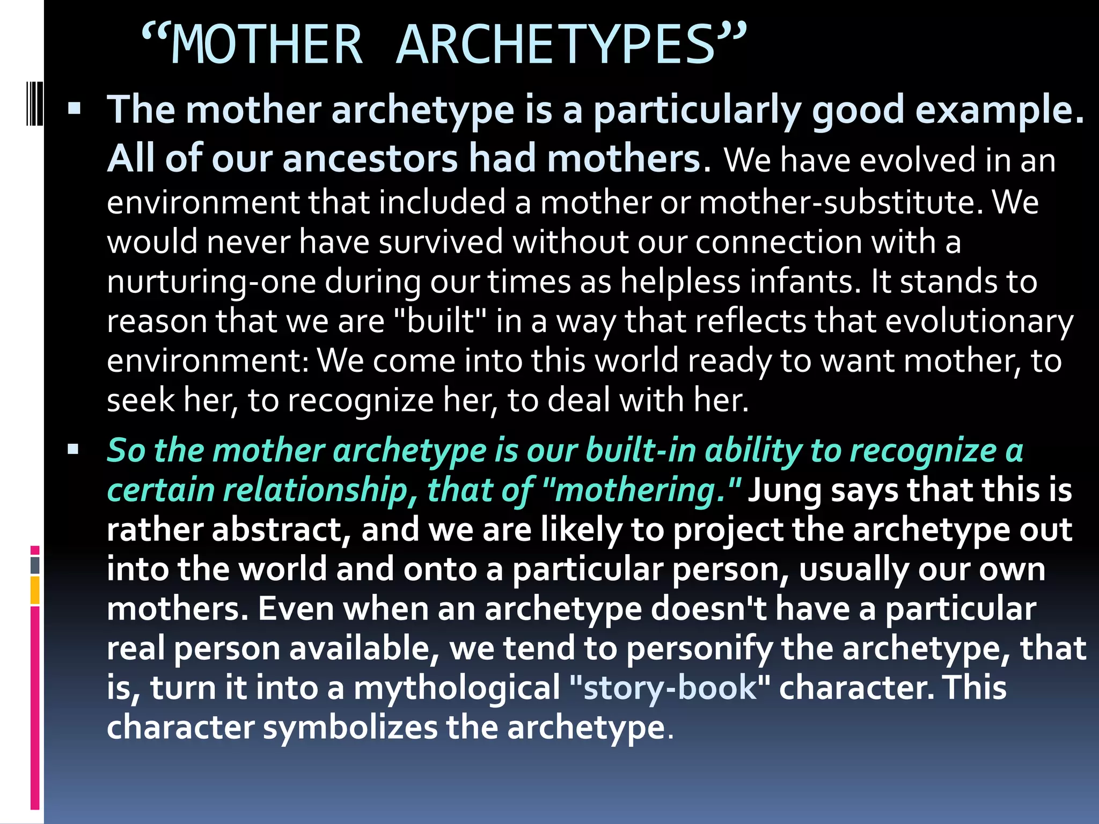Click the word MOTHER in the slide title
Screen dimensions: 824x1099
pyautogui.click(x=267, y=45)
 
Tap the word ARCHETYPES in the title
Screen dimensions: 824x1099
pyautogui.click(x=556, y=45)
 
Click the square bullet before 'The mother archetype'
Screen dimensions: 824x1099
pyautogui.click(x=74, y=109)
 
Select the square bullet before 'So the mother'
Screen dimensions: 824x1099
pyautogui.click(x=74, y=449)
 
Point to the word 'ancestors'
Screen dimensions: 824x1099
pyautogui.click(x=370, y=159)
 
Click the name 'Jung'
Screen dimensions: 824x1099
pyautogui.click(x=784, y=490)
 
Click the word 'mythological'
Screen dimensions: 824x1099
pyautogui.click(x=457, y=688)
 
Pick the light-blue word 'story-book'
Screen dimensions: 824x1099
pyautogui.click(x=669, y=688)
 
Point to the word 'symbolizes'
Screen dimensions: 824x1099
pyautogui.click(x=350, y=727)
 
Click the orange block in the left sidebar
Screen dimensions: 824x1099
pyautogui.click(x=35, y=590)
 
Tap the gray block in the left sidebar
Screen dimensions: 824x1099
pyautogui.click(x=35, y=565)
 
